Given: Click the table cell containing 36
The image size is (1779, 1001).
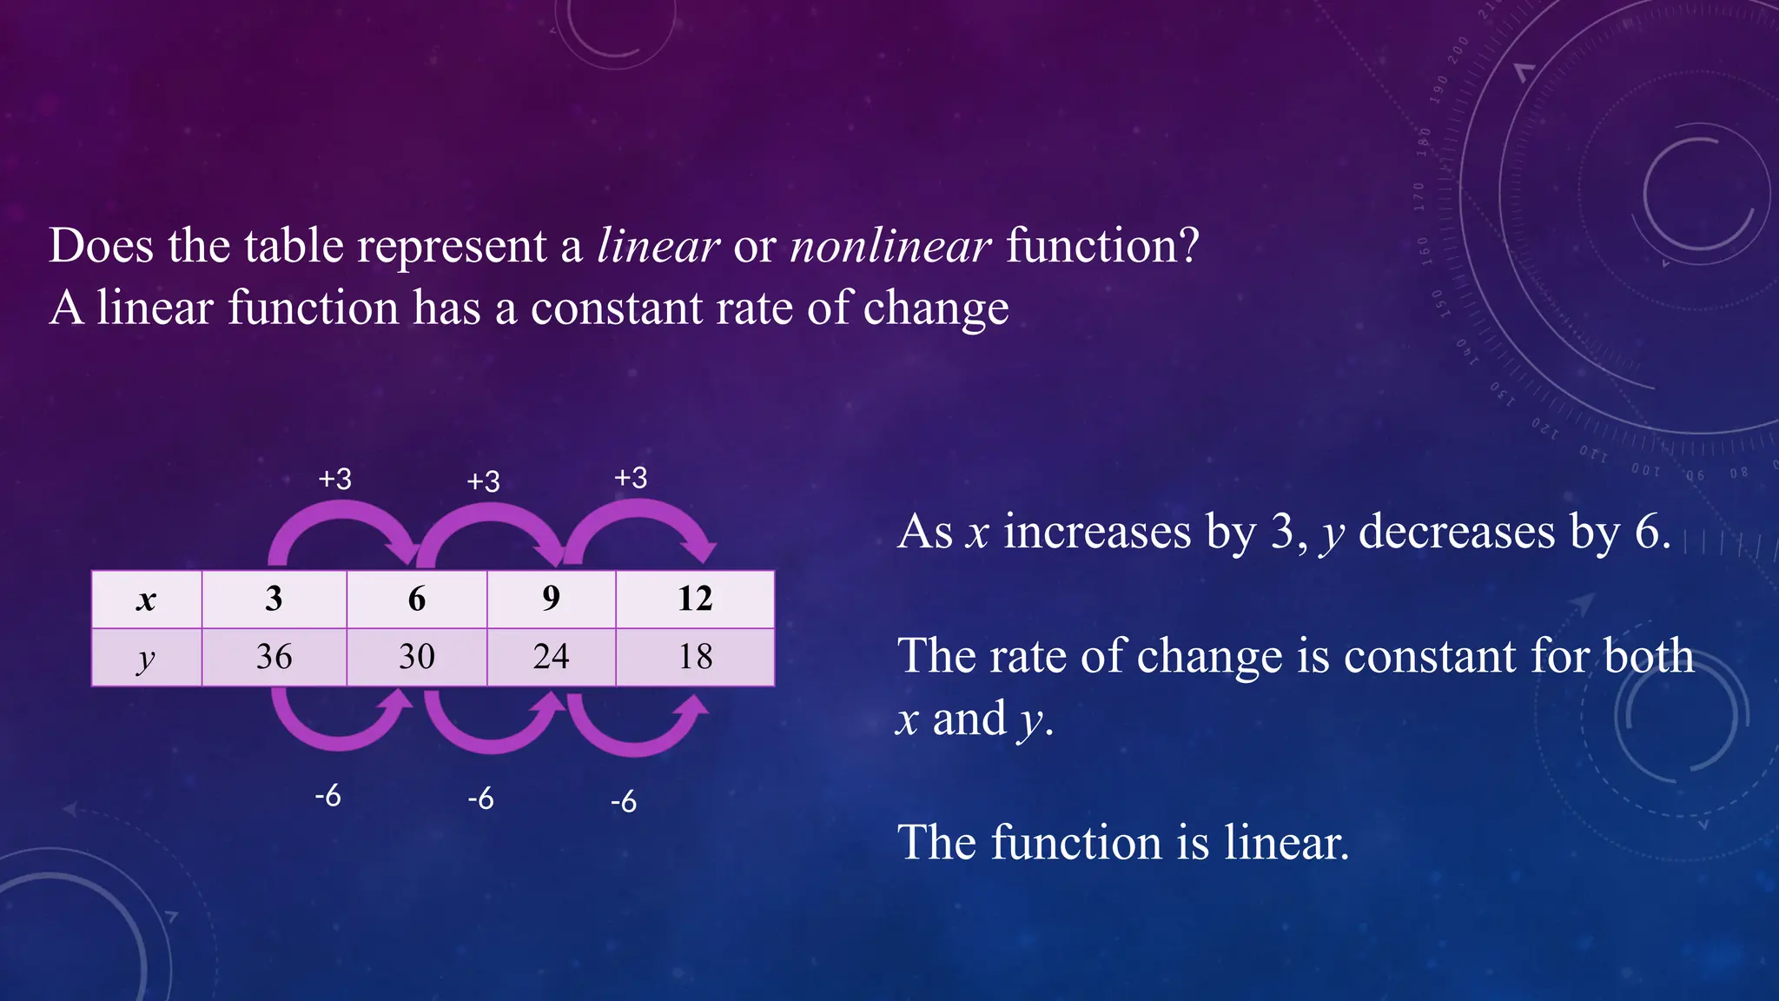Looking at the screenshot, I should click(274, 657).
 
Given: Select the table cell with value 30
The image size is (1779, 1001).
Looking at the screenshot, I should click(417, 657).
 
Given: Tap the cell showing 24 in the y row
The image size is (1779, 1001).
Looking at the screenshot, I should click(552, 657).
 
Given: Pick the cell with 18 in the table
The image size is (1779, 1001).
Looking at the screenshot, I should click(695, 657).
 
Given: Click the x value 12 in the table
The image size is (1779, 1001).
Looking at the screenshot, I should click(695, 599).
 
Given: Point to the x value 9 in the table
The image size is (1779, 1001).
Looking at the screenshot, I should click(552, 599).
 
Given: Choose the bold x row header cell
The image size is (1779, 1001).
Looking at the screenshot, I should click(146, 599).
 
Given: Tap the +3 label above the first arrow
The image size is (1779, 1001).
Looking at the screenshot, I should click(335, 479).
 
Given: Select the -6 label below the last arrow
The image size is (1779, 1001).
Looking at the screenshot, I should click(624, 801).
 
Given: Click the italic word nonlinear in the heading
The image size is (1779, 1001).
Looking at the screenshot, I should click(890, 246).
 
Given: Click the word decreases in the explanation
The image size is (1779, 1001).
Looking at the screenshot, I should click(1456, 532).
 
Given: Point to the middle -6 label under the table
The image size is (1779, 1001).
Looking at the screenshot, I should click(480, 798).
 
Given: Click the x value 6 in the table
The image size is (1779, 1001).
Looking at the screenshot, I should click(417, 599).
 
